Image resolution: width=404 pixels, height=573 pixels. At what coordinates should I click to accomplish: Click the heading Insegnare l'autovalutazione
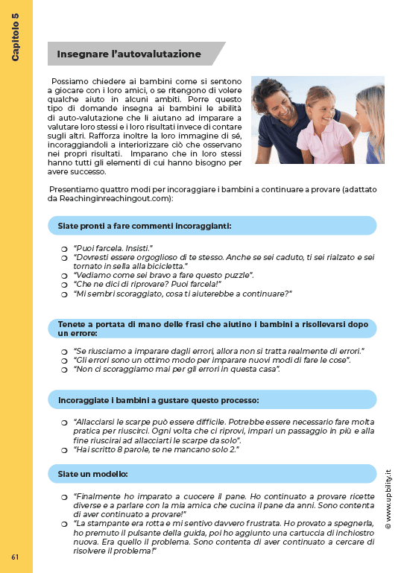pos(129,54)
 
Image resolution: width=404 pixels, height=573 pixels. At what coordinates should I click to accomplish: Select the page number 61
pos(15,557)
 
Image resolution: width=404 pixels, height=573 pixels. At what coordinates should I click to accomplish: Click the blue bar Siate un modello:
pos(212,473)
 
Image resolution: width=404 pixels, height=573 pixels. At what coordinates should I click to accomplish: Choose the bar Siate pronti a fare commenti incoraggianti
pos(212,225)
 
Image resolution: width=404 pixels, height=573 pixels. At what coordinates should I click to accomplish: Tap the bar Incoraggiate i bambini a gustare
pos(212,399)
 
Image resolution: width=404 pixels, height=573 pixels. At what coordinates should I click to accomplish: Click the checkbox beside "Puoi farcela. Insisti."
pos(64,247)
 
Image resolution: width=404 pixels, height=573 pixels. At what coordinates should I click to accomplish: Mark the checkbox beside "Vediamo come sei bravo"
pos(64,276)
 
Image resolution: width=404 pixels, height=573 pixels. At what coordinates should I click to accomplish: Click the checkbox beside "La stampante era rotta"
pos(64,525)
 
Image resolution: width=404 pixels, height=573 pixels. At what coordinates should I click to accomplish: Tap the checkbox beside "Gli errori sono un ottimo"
pos(64,361)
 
